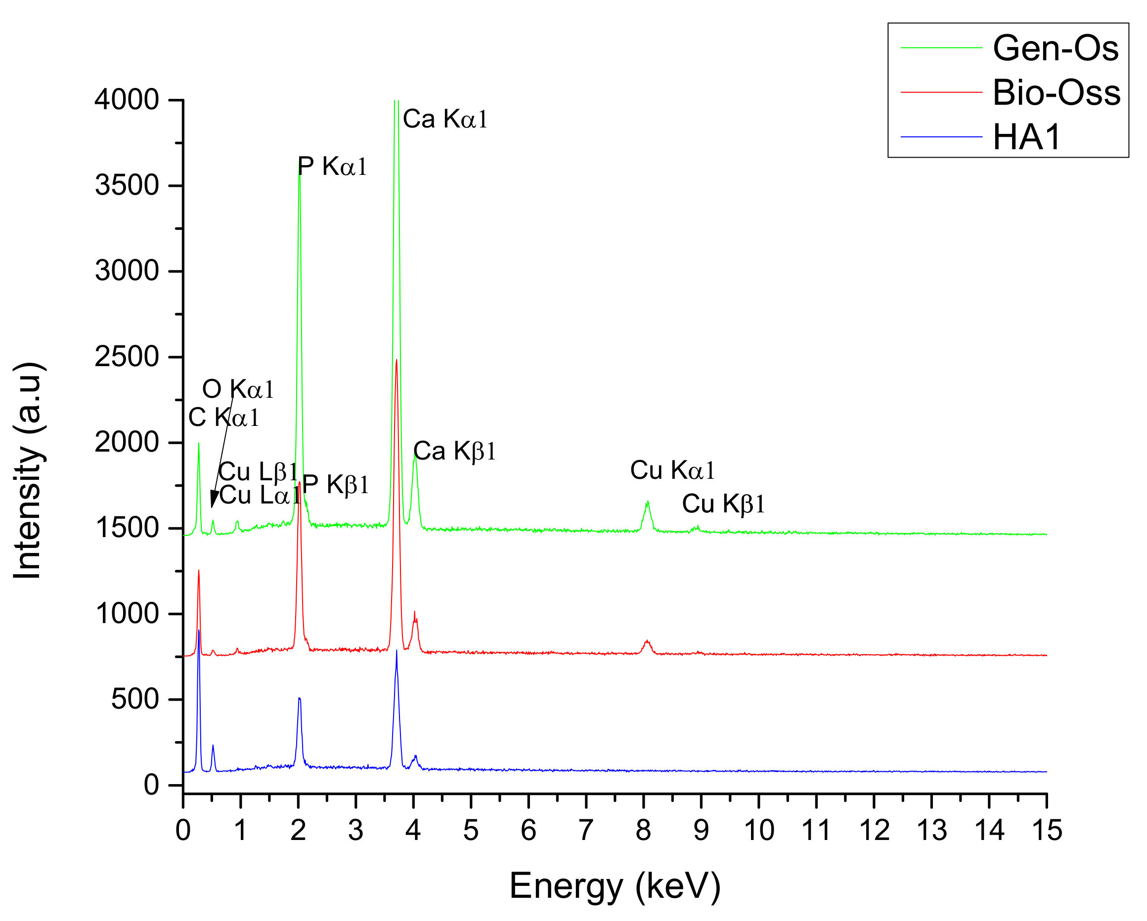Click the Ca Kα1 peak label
tap(445, 119)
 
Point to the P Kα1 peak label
tap(332, 167)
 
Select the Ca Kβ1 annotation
tap(454, 452)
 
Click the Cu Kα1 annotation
tap(672, 470)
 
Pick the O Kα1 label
tap(238, 390)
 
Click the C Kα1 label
tap(224, 418)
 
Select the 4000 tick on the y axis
tap(127, 100)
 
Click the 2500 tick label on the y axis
tap(127, 357)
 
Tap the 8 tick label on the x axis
tap(643, 830)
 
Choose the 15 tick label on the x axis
tap(1047, 830)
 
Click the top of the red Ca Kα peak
tap(397, 361)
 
